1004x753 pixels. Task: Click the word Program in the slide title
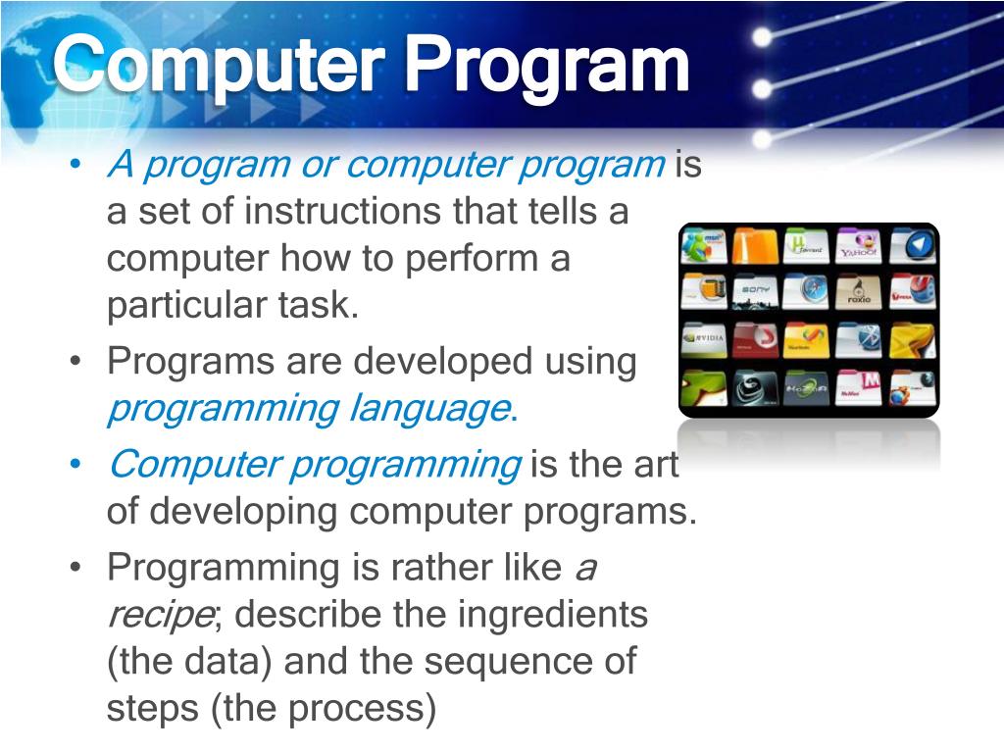548,66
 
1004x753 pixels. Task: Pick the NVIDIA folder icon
703,340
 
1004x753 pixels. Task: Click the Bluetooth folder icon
858,340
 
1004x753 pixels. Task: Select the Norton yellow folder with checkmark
806,340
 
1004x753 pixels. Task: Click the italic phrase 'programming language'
309,408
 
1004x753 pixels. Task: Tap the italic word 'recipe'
159,616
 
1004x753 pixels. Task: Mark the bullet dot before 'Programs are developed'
76,363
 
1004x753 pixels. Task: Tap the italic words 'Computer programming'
314,464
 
